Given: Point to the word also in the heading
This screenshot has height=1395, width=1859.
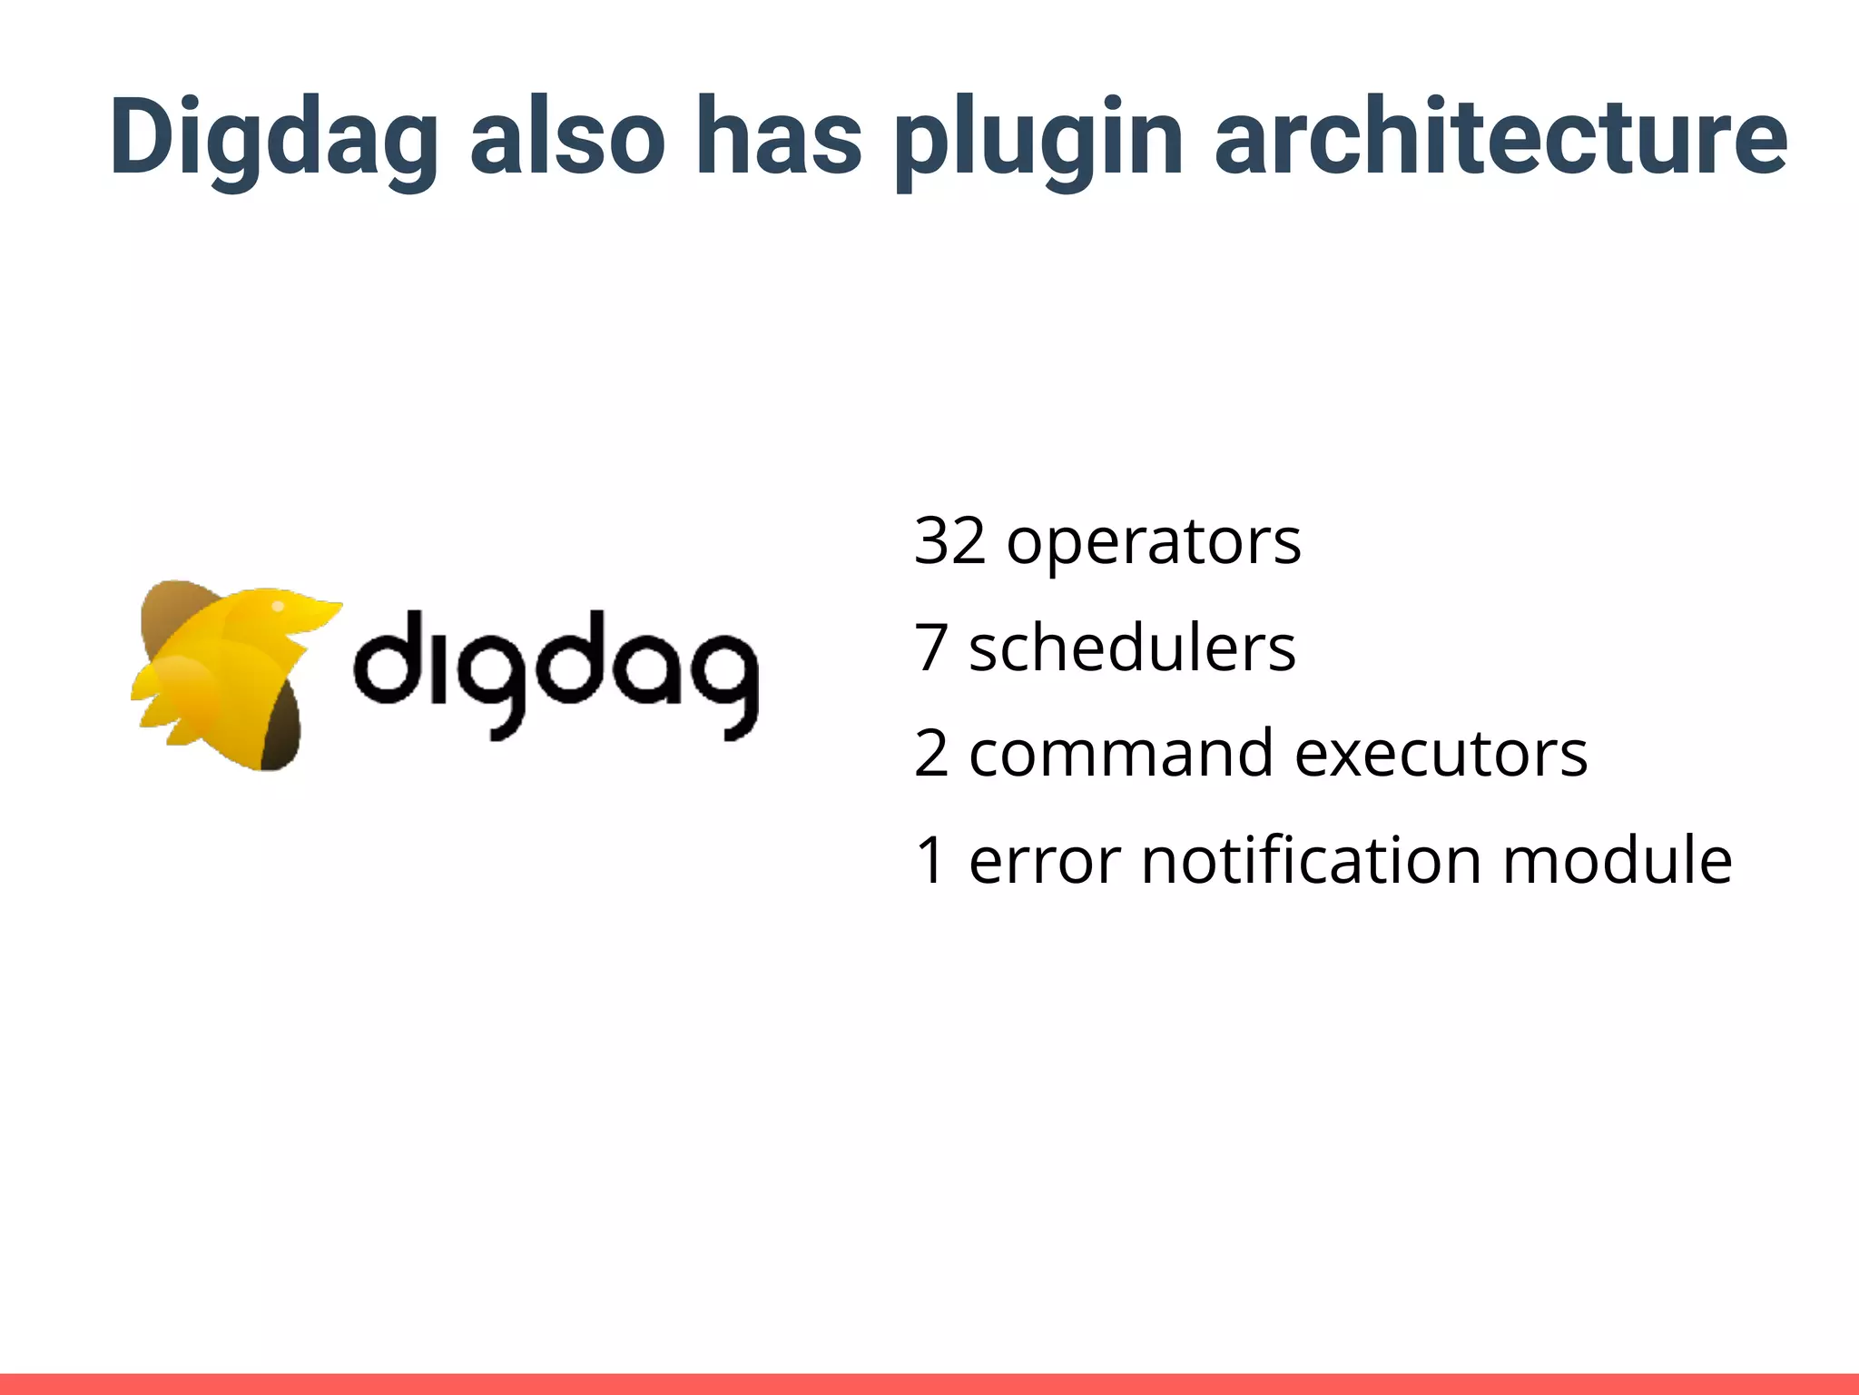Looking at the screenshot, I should (x=567, y=136).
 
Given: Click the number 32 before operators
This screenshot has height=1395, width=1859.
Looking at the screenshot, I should (x=949, y=541).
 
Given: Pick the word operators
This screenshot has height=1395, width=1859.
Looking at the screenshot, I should (x=1154, y=543).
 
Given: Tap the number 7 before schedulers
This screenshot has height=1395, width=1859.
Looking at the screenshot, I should (x=931, y=648).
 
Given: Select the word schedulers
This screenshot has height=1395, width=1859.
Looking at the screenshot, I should (x=1132, y=648).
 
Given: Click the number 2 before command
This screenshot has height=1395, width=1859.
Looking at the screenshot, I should (x=931, y=754).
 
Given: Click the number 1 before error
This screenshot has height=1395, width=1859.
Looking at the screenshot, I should (x=931, y=860).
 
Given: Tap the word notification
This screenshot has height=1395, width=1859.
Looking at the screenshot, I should (x=1312, y=860).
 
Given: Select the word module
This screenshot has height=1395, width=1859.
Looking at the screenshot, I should (x=1617, y=860).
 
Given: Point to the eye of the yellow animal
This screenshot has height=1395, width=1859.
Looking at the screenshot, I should (x=279, y=606).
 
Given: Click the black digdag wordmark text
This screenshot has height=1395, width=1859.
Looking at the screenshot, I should (x=555, y=672).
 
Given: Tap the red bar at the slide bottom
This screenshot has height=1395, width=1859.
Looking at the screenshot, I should (x=929, y=1384).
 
